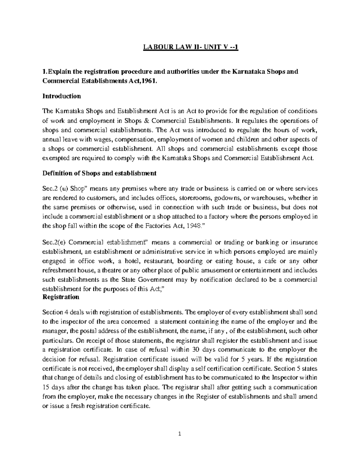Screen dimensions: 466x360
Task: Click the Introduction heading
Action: pyautogui.click(x=61, y=96)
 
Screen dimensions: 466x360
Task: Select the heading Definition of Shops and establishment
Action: pyautogui.click(x=99, y=173)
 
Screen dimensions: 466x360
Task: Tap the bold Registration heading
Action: pyautogui.click(x=61, y=297)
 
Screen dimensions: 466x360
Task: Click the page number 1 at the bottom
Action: pyautogui.click(x=180, y=434)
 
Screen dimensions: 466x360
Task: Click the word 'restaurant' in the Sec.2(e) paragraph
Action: pyautogui.click(x=161, y=261)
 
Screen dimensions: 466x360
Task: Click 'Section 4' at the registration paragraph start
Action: pyautogui.click(x=53, y=312)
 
